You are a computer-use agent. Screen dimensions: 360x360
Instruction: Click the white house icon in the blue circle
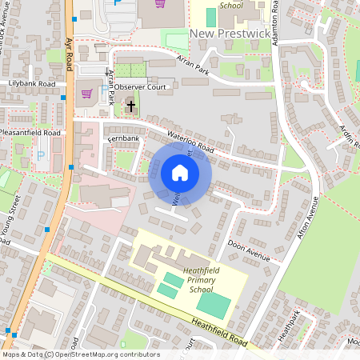(x=180, y=173)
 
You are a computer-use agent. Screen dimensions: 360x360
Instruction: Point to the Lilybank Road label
(x=32, y=83)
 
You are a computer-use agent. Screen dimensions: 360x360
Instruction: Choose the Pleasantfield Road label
(x=30, y=132)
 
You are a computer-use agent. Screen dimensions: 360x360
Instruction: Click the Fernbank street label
(x=122, y=139)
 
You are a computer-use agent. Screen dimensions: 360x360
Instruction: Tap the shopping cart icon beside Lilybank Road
(x=86, y=94)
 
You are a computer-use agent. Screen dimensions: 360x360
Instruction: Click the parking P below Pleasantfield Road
(x=41, y=154)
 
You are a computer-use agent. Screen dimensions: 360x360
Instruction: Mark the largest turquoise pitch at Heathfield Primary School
(x=212, y=304)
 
